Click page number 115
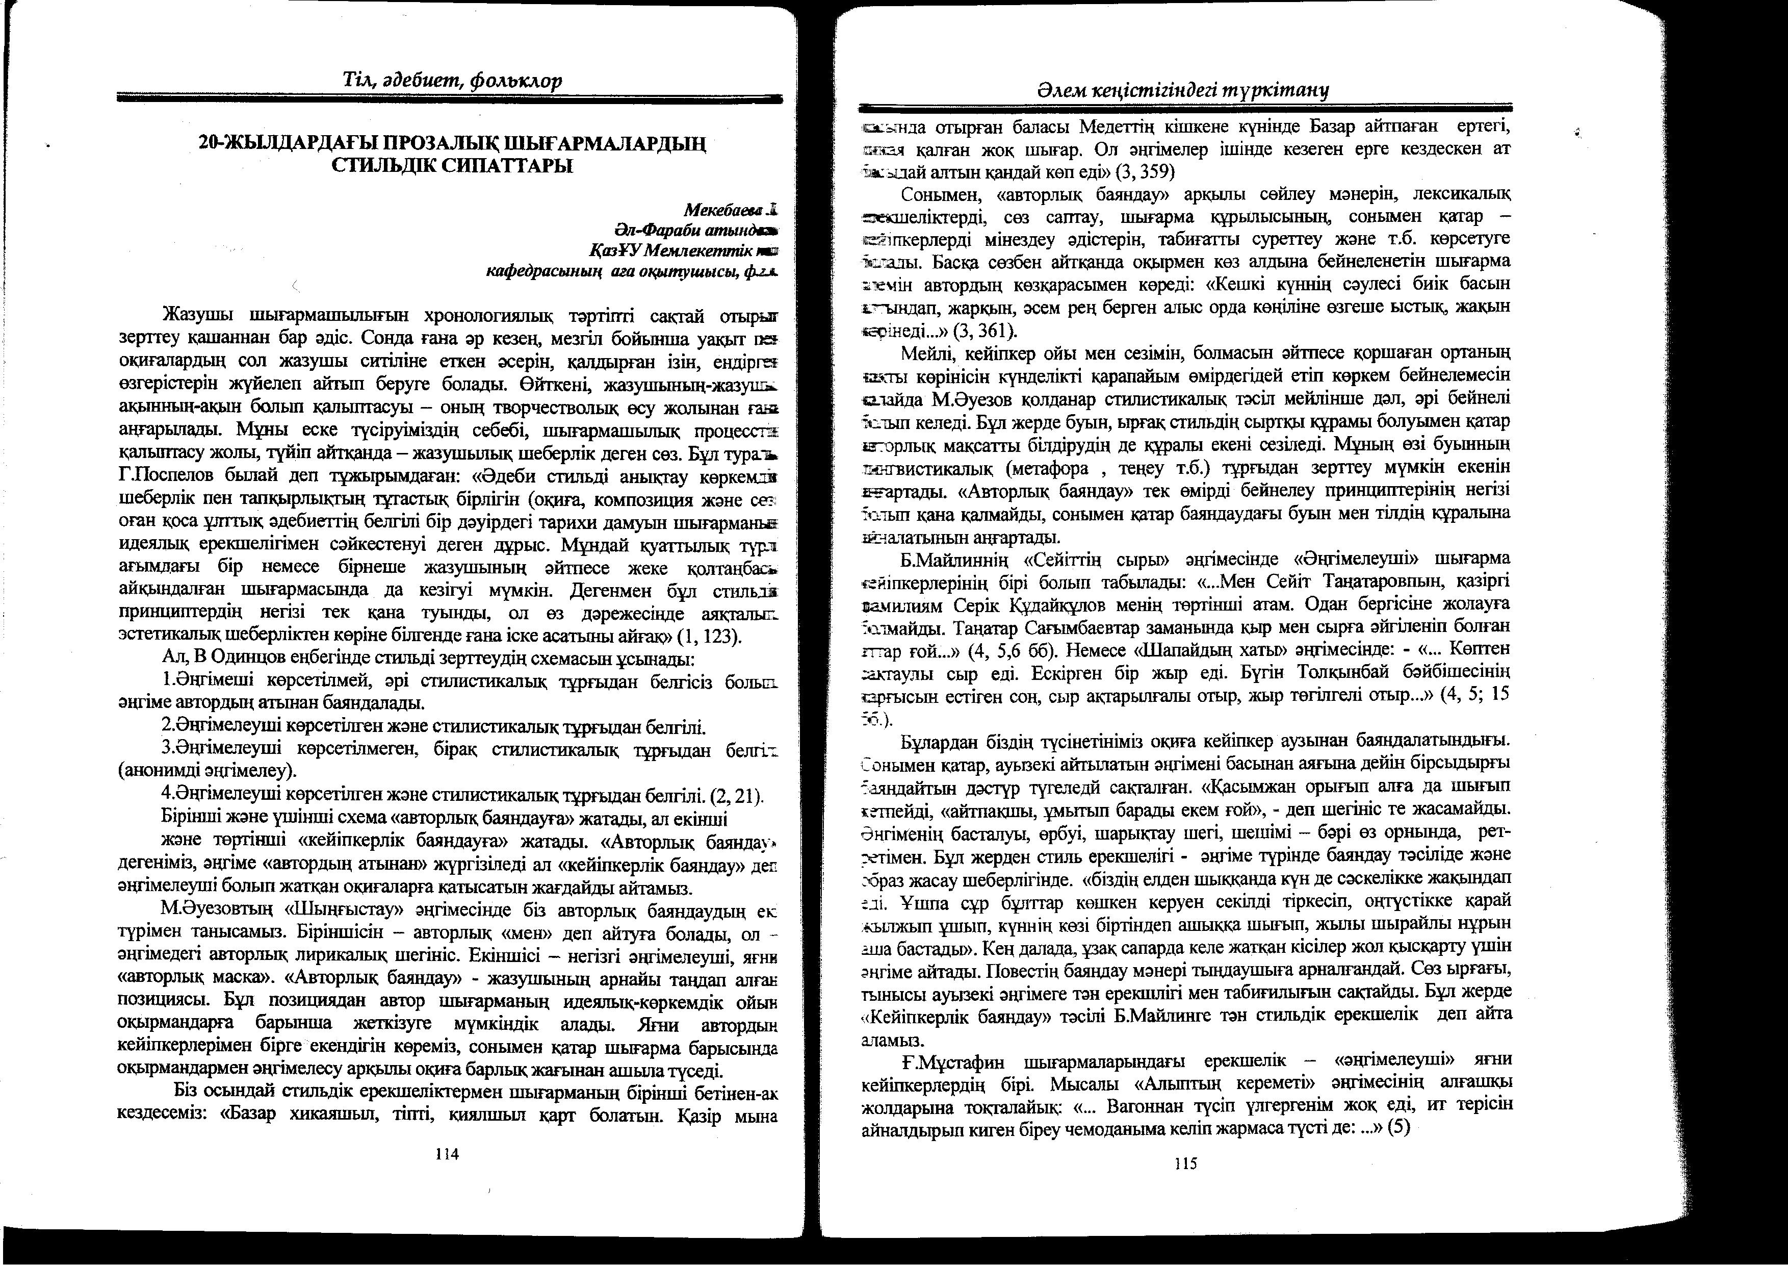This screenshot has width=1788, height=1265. [x=1184, y=1165]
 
